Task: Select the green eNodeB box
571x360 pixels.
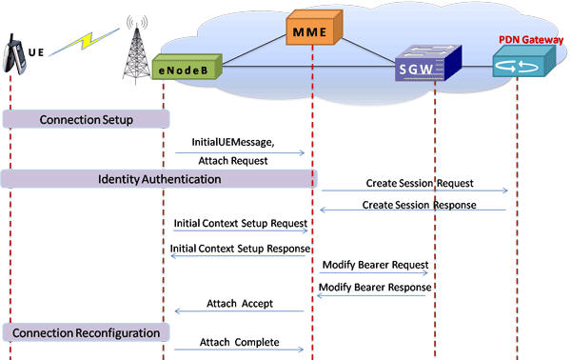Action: [x=187, y=68]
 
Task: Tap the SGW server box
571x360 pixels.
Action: [x=427, y=68]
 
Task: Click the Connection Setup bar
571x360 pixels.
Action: [x=86, y=119]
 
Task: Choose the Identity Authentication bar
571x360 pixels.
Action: [x=159, y=178]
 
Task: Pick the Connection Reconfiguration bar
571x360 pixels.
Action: [x=86, y=331]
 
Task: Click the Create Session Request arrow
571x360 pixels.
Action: [x=412, y=191]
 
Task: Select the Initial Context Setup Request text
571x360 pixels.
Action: [x=240, y=223]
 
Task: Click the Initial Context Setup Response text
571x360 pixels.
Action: [x=238, y=247]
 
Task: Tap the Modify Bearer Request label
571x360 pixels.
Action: [x=373, y=264]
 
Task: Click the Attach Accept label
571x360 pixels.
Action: [x=239, y=303]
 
